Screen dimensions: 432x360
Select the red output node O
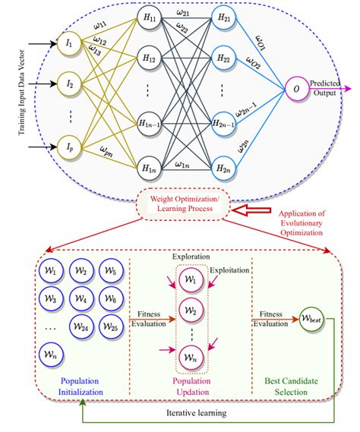296,90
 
